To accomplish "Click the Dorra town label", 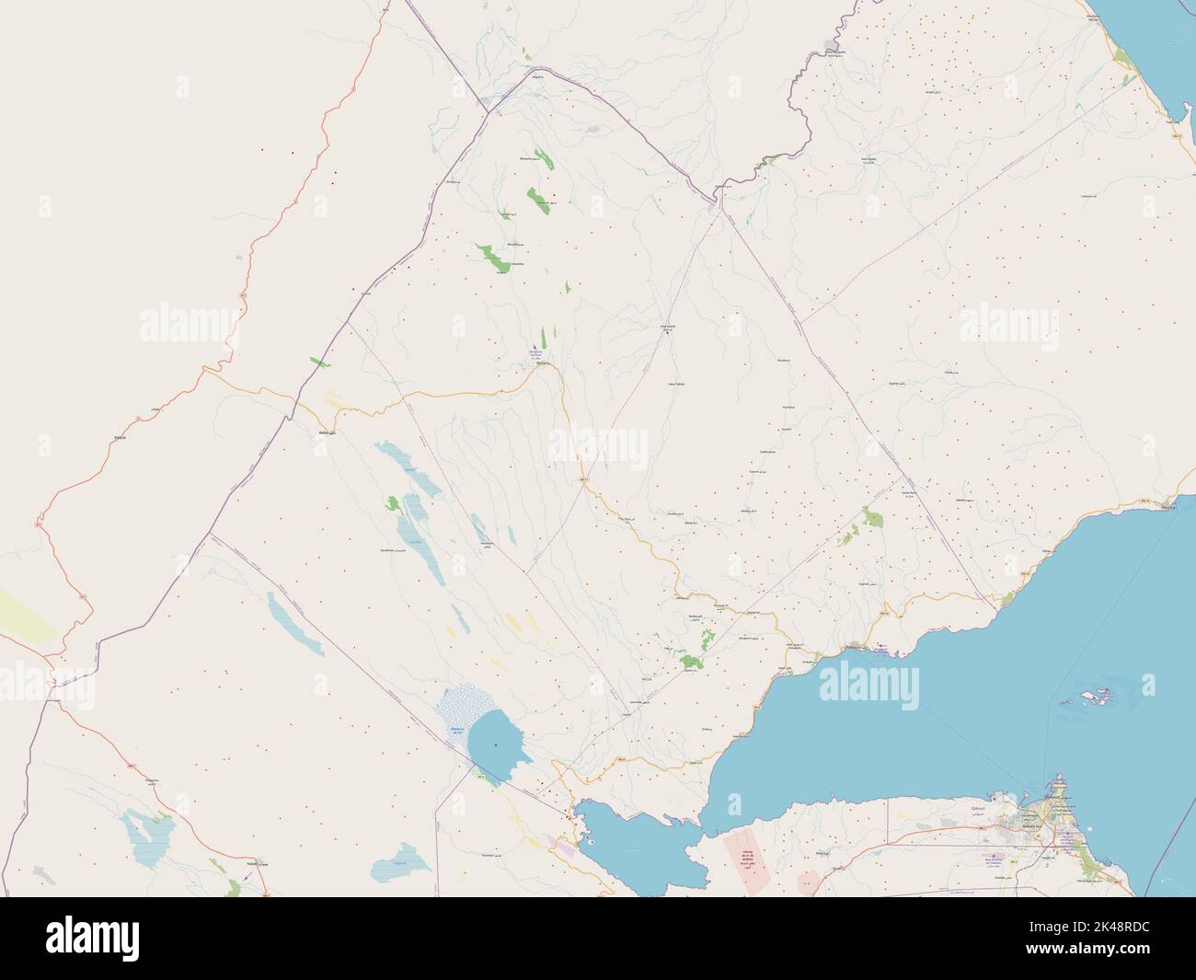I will pos(541,364).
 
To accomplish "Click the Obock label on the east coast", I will pos(1169,507).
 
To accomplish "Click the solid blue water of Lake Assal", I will pos(497,741).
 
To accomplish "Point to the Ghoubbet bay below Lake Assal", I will pos(635,842).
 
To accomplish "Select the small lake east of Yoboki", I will pos(388,867).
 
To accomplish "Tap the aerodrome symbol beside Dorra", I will pos(534,350).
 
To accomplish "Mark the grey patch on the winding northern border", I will pos(831,45).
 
